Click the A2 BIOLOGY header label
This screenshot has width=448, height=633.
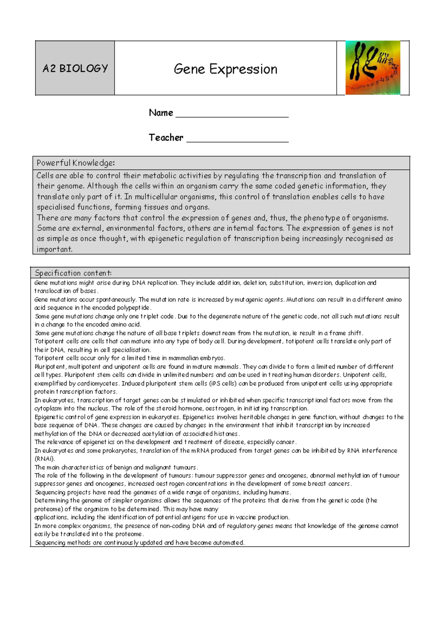(75, 68)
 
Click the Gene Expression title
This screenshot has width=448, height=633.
(225, 69)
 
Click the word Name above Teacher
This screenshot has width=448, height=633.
(161, 113)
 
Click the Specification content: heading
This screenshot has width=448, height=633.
(73, 273)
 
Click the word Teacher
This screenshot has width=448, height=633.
(166, 138)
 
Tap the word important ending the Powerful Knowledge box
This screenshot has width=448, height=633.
(54, 249)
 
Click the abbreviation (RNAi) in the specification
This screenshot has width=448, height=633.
(44, 459)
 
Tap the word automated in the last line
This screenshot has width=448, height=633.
(228, 543)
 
